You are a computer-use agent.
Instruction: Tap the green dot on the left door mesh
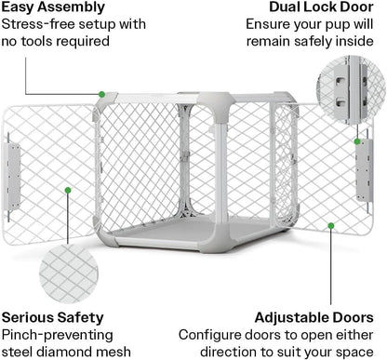pos(68,190)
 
